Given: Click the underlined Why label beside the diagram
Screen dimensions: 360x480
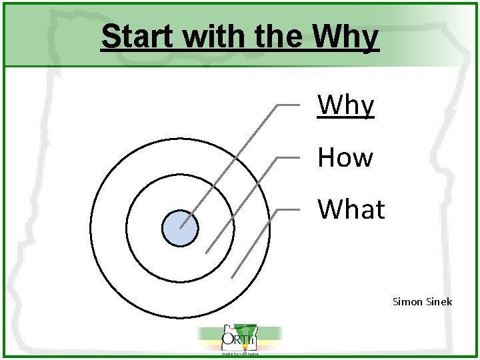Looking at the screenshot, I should pos(346,105).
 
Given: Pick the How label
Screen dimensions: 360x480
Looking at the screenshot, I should pos(345,158).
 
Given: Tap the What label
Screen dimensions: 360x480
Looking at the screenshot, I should pos(351,209).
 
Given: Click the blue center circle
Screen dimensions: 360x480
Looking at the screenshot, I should pos(180,228).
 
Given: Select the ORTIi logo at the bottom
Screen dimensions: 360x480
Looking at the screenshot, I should pos(239,340).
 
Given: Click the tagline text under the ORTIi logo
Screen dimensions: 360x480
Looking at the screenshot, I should pos(239,353).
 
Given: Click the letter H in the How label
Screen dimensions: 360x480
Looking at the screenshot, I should pos(326,158).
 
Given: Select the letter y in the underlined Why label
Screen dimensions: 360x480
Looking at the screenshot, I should pos(366,108).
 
